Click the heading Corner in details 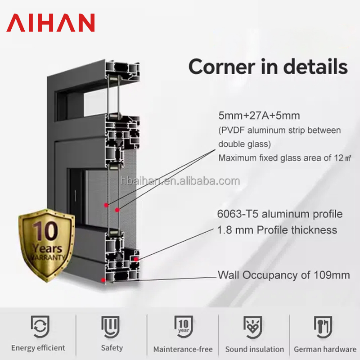268,66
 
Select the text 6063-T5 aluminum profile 280,214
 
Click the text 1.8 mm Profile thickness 277,230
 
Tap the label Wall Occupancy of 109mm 283,274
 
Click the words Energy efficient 38,348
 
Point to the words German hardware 325,349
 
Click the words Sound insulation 254,349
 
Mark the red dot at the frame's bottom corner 104,280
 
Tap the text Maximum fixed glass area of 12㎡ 284,158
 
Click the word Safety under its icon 112,348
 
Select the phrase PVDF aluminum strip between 279,130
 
